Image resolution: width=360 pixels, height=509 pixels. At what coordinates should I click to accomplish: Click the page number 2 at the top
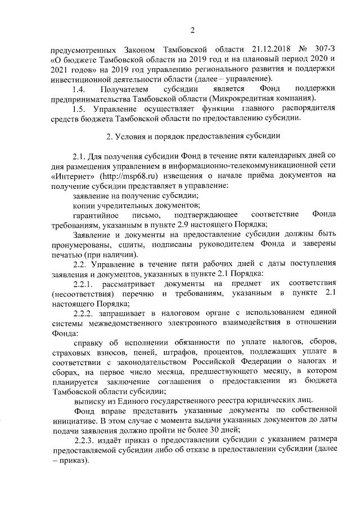click(192, 30)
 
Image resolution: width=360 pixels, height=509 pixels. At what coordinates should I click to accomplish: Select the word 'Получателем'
click(125, 89)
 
